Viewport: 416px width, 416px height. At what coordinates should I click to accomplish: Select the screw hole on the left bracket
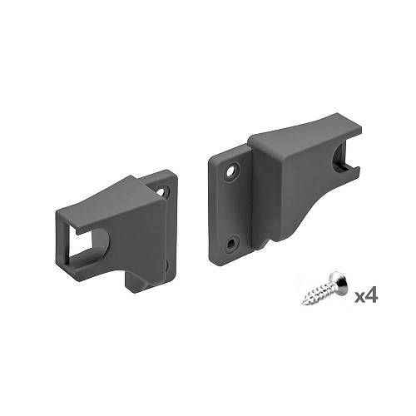tap(162, 192)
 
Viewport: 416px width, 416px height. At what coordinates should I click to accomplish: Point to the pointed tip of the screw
tap(303, 304)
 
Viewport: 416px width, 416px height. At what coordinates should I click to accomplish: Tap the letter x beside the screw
tap(359, 297)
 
